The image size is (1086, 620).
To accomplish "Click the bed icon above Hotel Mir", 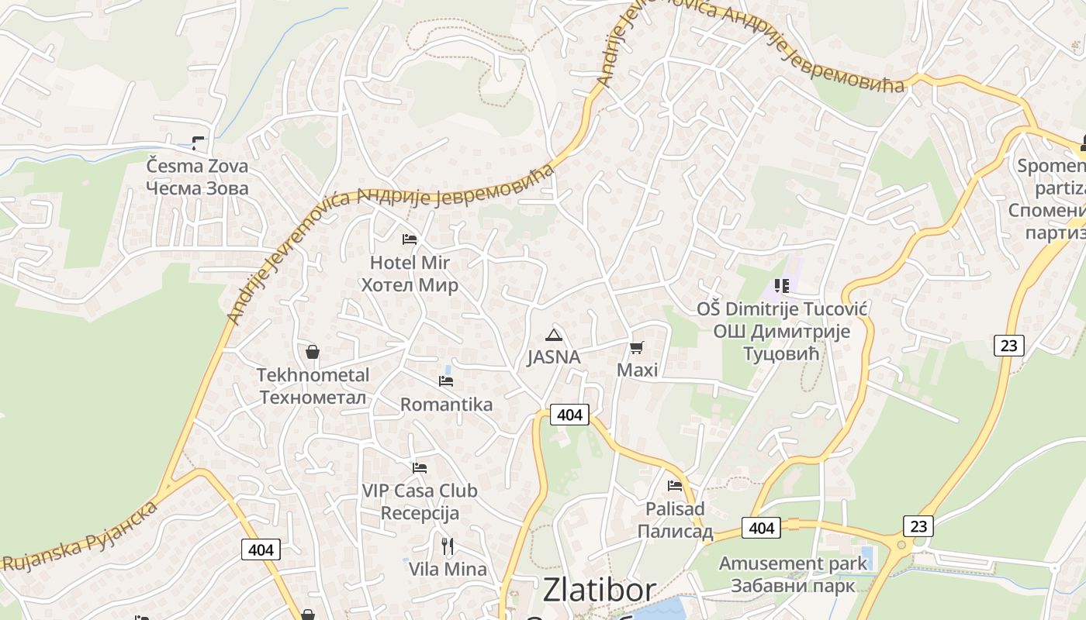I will coord(410,239).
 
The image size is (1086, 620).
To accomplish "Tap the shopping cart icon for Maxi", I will coord(637,347).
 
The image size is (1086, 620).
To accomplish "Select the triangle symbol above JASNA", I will coord(553,335).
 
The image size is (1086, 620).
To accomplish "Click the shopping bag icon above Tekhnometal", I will coord(313,353).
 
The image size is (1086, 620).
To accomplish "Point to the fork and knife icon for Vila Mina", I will coord(448,546).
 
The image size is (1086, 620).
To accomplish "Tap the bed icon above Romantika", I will coord(446,381).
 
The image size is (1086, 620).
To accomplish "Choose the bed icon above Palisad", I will coord(675,486).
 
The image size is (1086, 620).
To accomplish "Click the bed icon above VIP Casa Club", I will coord(420,468).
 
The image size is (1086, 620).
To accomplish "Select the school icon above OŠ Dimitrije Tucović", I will coord(781,286).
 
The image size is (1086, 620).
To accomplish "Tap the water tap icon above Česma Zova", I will coord(198,143).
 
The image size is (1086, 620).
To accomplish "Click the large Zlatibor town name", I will coord(599,590).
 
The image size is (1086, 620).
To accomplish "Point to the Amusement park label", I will coord(793,563).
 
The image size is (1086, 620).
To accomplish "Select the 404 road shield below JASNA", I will coord(569,415).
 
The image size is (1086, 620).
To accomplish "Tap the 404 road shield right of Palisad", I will coord(761,528).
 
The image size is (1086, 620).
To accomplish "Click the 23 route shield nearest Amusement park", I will coord(918,526).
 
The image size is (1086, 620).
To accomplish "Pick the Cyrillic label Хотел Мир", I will coord(410,285).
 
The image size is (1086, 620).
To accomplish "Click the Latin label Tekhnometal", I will coord(313,375).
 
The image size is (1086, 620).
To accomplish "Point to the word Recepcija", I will coord(420,513).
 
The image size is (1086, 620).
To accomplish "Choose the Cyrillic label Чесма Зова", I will coord(198,188).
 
